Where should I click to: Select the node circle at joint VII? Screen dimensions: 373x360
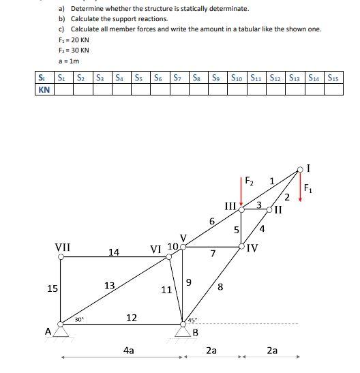coord(62,257)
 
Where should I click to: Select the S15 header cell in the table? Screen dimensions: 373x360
coord(334,77)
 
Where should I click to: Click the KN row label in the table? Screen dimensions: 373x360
coord(44,89)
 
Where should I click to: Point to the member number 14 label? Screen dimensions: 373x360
coord(114,252)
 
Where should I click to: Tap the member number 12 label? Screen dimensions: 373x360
coord(132,318)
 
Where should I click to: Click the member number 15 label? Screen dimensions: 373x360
coord(52,288)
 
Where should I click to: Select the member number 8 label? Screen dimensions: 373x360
coord(220,287)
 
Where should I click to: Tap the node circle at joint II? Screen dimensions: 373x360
coord(270,211)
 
